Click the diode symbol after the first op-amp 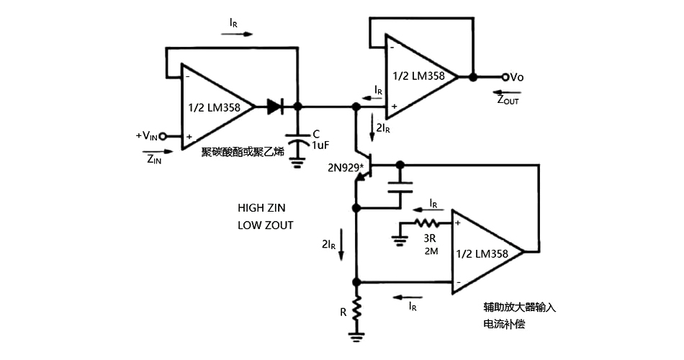[x=275, y=107]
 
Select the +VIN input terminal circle [x=163, y=135]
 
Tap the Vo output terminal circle [x=505, y=76]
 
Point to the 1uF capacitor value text [x=320, y=145]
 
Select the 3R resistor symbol [x=426, y=223]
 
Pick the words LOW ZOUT [x=266, y=225]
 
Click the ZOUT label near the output [x=507, y=100]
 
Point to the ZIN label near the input [x=154, y=159]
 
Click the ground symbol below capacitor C [x=297, y=162]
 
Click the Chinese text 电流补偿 [x=504, y=325]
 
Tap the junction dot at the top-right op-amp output [x=472, y=76]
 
